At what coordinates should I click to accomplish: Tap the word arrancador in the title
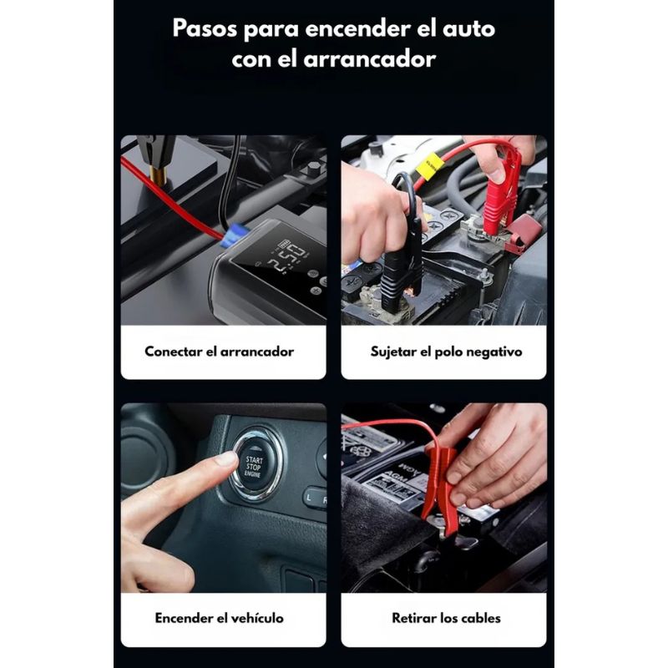coord(369,59)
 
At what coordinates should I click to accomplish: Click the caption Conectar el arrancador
coord(219,352)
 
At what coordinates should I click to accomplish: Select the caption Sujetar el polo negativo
coord(446,352)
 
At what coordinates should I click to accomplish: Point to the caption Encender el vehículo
coord(219,618)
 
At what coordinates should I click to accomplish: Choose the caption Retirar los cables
coord(446,618)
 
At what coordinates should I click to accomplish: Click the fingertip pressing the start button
coord(225,459)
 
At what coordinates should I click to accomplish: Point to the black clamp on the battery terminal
coord(401,260)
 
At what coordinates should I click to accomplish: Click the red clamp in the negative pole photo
coord(502,192)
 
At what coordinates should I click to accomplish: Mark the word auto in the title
coord(468,29)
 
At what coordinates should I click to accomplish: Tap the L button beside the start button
coord(309,498)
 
